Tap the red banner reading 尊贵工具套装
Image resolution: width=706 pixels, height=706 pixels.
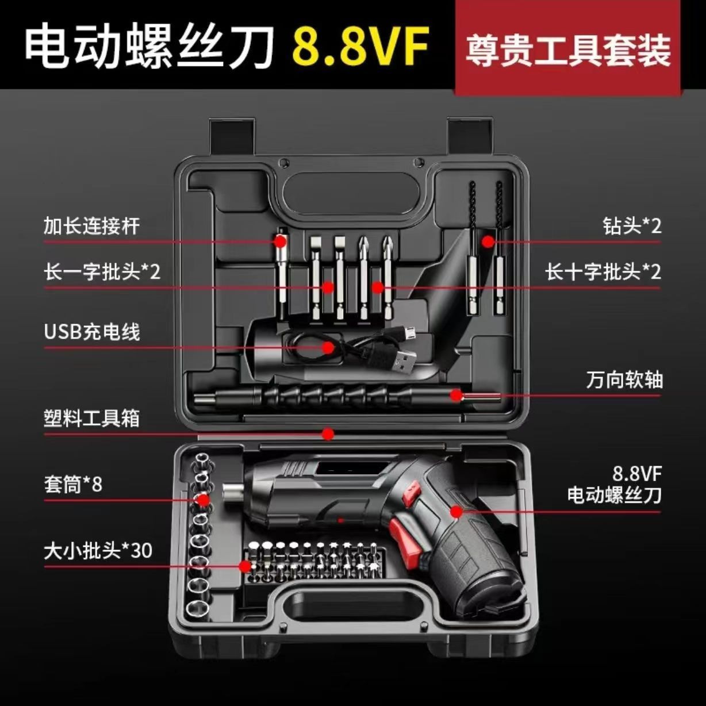pyautogui.click(x=567, y=49)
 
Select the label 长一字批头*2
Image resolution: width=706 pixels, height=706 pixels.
pyautogui.click(x=102, y=271)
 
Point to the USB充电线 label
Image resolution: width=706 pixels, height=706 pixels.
pyautogui.click(x=92, y=332)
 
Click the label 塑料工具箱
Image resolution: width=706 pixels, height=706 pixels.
pyautogui.click(x=91, y=418)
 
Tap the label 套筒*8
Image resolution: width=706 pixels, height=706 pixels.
pyautogui.click(x=73, y=485)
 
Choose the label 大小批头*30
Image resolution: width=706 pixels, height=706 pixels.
pyautogui.click(x=98, y=551)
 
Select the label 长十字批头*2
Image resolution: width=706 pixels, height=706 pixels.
pyautogui.click(x=603, y=271)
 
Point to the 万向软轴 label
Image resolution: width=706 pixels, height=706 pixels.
pyautogui.click(x=624, y=380)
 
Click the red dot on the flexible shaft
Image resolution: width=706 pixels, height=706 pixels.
pyautogui.click(x=456, y=395)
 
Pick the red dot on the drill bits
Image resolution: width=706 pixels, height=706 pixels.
pyautogui.click(x=488, y=241)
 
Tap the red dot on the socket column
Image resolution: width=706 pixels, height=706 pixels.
pyautogui.click(x=203, y=500)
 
